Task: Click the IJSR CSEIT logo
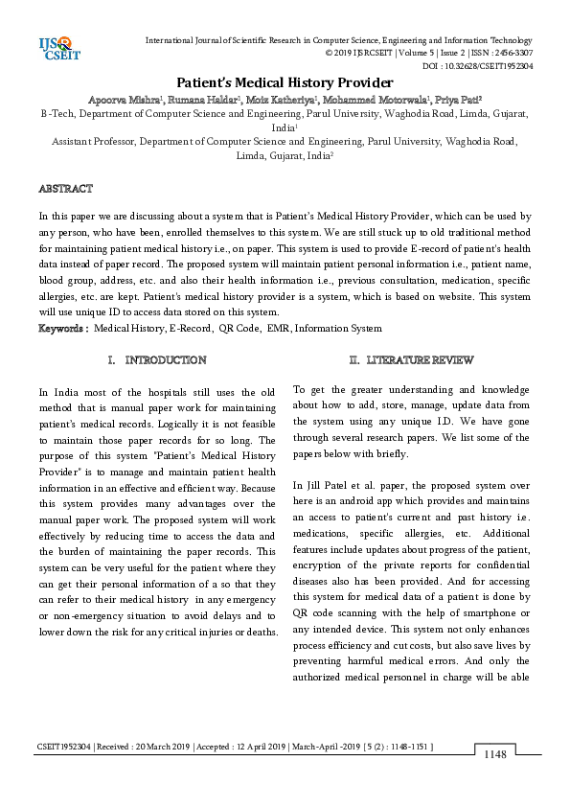[57, 47]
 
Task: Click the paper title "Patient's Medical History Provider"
[285, 82]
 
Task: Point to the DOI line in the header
[477, 66]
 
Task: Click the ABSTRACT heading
[65, 189]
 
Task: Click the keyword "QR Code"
[240, 329]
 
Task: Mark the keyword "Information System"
[338, 329]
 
